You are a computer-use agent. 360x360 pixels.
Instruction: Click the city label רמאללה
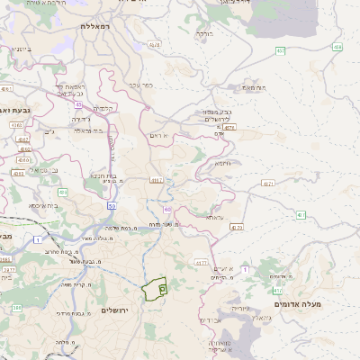(x=94, y=26)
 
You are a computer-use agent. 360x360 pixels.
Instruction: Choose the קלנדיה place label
(x=104, y=109)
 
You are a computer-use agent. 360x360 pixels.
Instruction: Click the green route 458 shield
(x=281, y=50)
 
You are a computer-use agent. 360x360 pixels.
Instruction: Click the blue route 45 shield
(x=78, y=104)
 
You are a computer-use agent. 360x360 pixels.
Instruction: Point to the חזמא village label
(x=222, y=163)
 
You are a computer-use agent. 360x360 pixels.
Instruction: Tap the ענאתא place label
(x=213, y=217)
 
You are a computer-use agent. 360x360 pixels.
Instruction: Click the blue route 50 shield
(x=112, y=206)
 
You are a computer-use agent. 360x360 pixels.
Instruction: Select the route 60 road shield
(x=167, y=209)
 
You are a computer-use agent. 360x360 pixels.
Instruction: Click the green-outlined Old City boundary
(x=154, y=289)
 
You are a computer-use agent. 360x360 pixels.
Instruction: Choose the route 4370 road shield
(x=236, y=228)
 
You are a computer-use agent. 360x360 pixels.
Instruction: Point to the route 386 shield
(x=16, y=309)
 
